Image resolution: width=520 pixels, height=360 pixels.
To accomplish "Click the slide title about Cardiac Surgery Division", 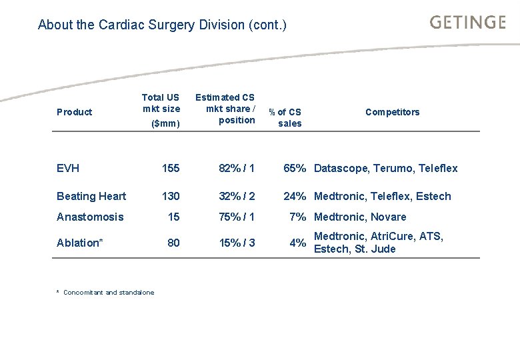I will (162, 25).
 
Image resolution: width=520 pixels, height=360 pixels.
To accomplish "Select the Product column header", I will (74, 112).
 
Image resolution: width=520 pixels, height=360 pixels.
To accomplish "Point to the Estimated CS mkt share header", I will (225, 109).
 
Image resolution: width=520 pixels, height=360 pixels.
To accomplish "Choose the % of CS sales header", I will (285, 117).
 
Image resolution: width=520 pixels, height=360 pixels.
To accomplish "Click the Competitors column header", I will (392, 112).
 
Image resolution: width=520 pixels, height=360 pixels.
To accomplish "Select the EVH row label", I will (68, 168).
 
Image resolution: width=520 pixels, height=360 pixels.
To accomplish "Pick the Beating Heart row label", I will (91, 196).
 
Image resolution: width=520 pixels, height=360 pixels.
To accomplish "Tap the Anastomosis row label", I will (90, 217).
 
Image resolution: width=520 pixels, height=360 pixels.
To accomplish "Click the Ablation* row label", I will (79, 243).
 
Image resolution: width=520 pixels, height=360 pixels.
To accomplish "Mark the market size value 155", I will (171, 168).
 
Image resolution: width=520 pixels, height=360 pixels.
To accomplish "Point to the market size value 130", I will (171, 196).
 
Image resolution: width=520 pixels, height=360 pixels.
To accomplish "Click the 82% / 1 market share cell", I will (237, 168).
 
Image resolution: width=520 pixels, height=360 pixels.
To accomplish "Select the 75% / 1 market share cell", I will (237, 217).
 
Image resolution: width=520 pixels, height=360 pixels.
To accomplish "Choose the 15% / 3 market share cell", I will (237, 243).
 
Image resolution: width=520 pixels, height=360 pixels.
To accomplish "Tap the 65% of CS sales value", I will (295, 168).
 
